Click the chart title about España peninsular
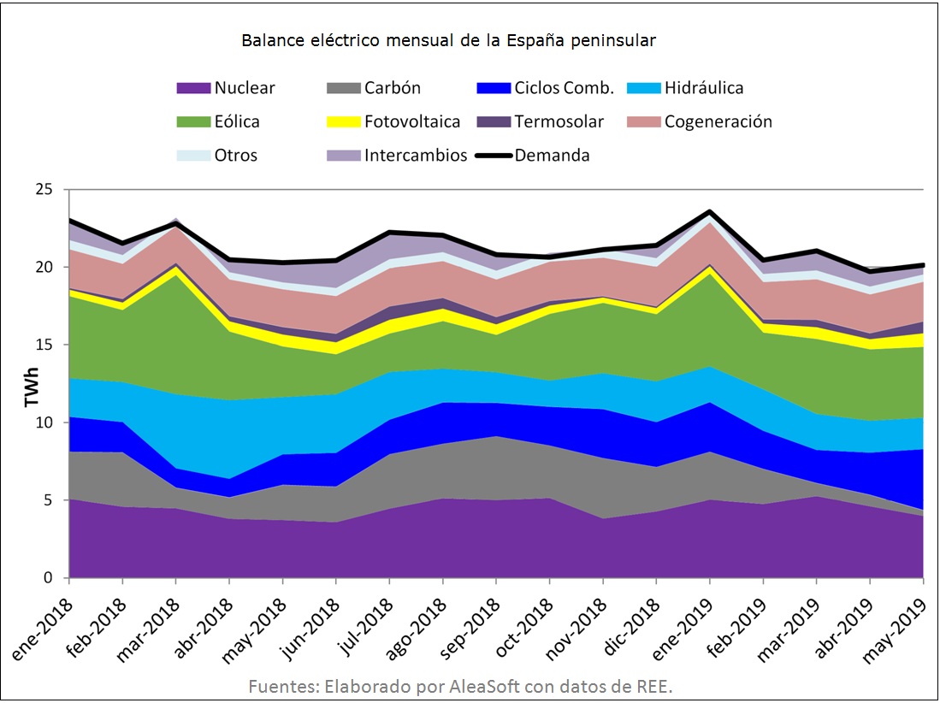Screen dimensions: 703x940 pos(448,40)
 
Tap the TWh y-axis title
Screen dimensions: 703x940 pos(31,384)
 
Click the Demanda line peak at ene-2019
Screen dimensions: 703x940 pos(710,210)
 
